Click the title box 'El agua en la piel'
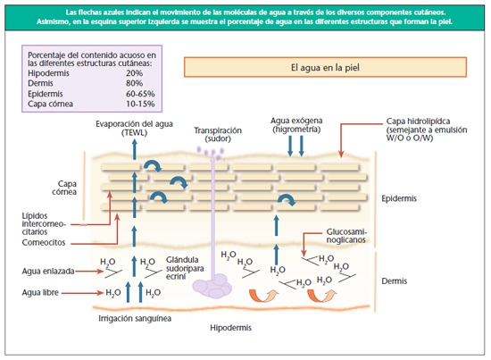point(325,67)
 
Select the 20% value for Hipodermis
point(134,73)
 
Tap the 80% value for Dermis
point(134,83)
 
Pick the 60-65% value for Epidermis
point(140,94)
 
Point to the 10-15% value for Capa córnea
point(140,104)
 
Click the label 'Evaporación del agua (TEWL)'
point(134,128)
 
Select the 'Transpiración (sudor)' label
point(218,134)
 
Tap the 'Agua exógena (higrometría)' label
point(296,125)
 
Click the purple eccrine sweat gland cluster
point(212,286)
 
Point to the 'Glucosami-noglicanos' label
point(346,236)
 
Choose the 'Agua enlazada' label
point(48,272)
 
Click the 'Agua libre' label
point(40,293)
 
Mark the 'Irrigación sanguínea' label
point(135,319)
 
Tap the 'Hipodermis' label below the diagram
point(231,328)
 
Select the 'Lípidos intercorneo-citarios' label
point(44,223)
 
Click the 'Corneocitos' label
point(44,242)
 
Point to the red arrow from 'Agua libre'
point(82,293)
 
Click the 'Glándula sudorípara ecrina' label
point(185,268)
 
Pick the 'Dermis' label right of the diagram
point(395,281)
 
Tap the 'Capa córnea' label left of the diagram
point(64,188)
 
